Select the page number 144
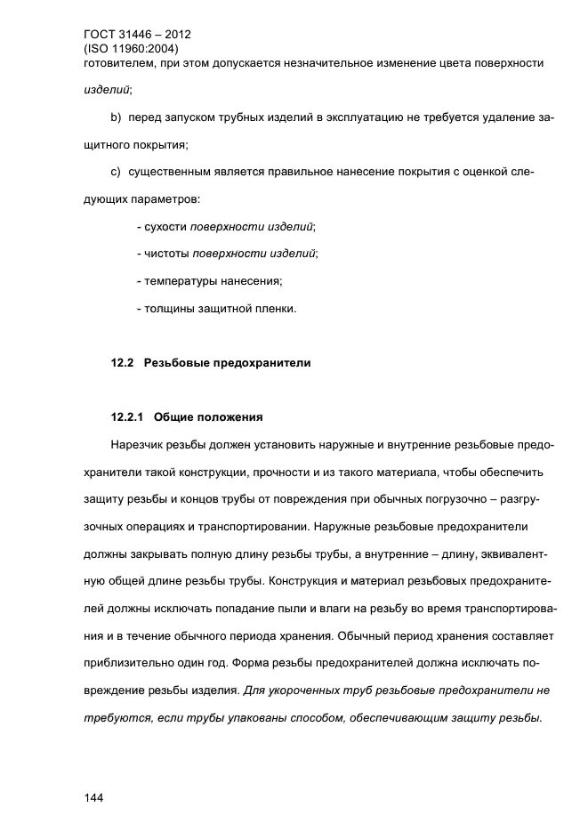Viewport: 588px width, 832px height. (x=93, y=797)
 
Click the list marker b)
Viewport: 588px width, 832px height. (x=116, y=117)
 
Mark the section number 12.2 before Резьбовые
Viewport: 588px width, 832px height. (x=121, y=363)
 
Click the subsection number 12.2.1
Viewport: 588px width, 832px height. (x=127, y=416)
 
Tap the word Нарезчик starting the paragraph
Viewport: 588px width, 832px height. (x=139, y=444)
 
